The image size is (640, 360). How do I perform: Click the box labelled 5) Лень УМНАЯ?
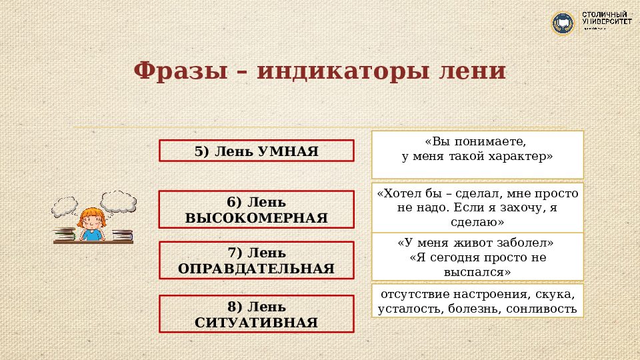point(256,151)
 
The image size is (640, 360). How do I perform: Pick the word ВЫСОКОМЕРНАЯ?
point(256,218)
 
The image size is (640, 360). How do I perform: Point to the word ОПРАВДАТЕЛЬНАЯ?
point(256,269)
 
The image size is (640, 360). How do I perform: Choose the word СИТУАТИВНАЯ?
point(256,323)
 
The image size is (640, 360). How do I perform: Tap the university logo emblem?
point(563,23)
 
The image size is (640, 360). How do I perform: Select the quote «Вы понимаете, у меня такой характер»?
point(477,149)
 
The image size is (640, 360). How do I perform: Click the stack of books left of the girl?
point(64,234)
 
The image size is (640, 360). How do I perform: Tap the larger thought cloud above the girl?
point(119,200)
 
